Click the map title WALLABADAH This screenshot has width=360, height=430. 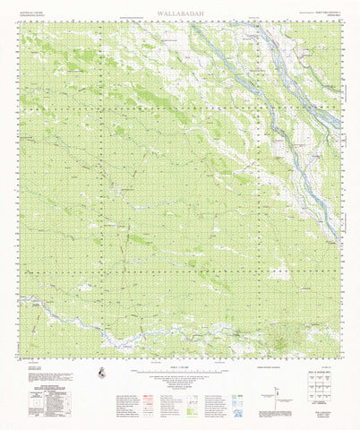(x=180, y=13)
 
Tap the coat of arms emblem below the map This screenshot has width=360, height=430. (x=105, y=372)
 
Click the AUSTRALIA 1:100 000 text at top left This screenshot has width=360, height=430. (x=31, y=12)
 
